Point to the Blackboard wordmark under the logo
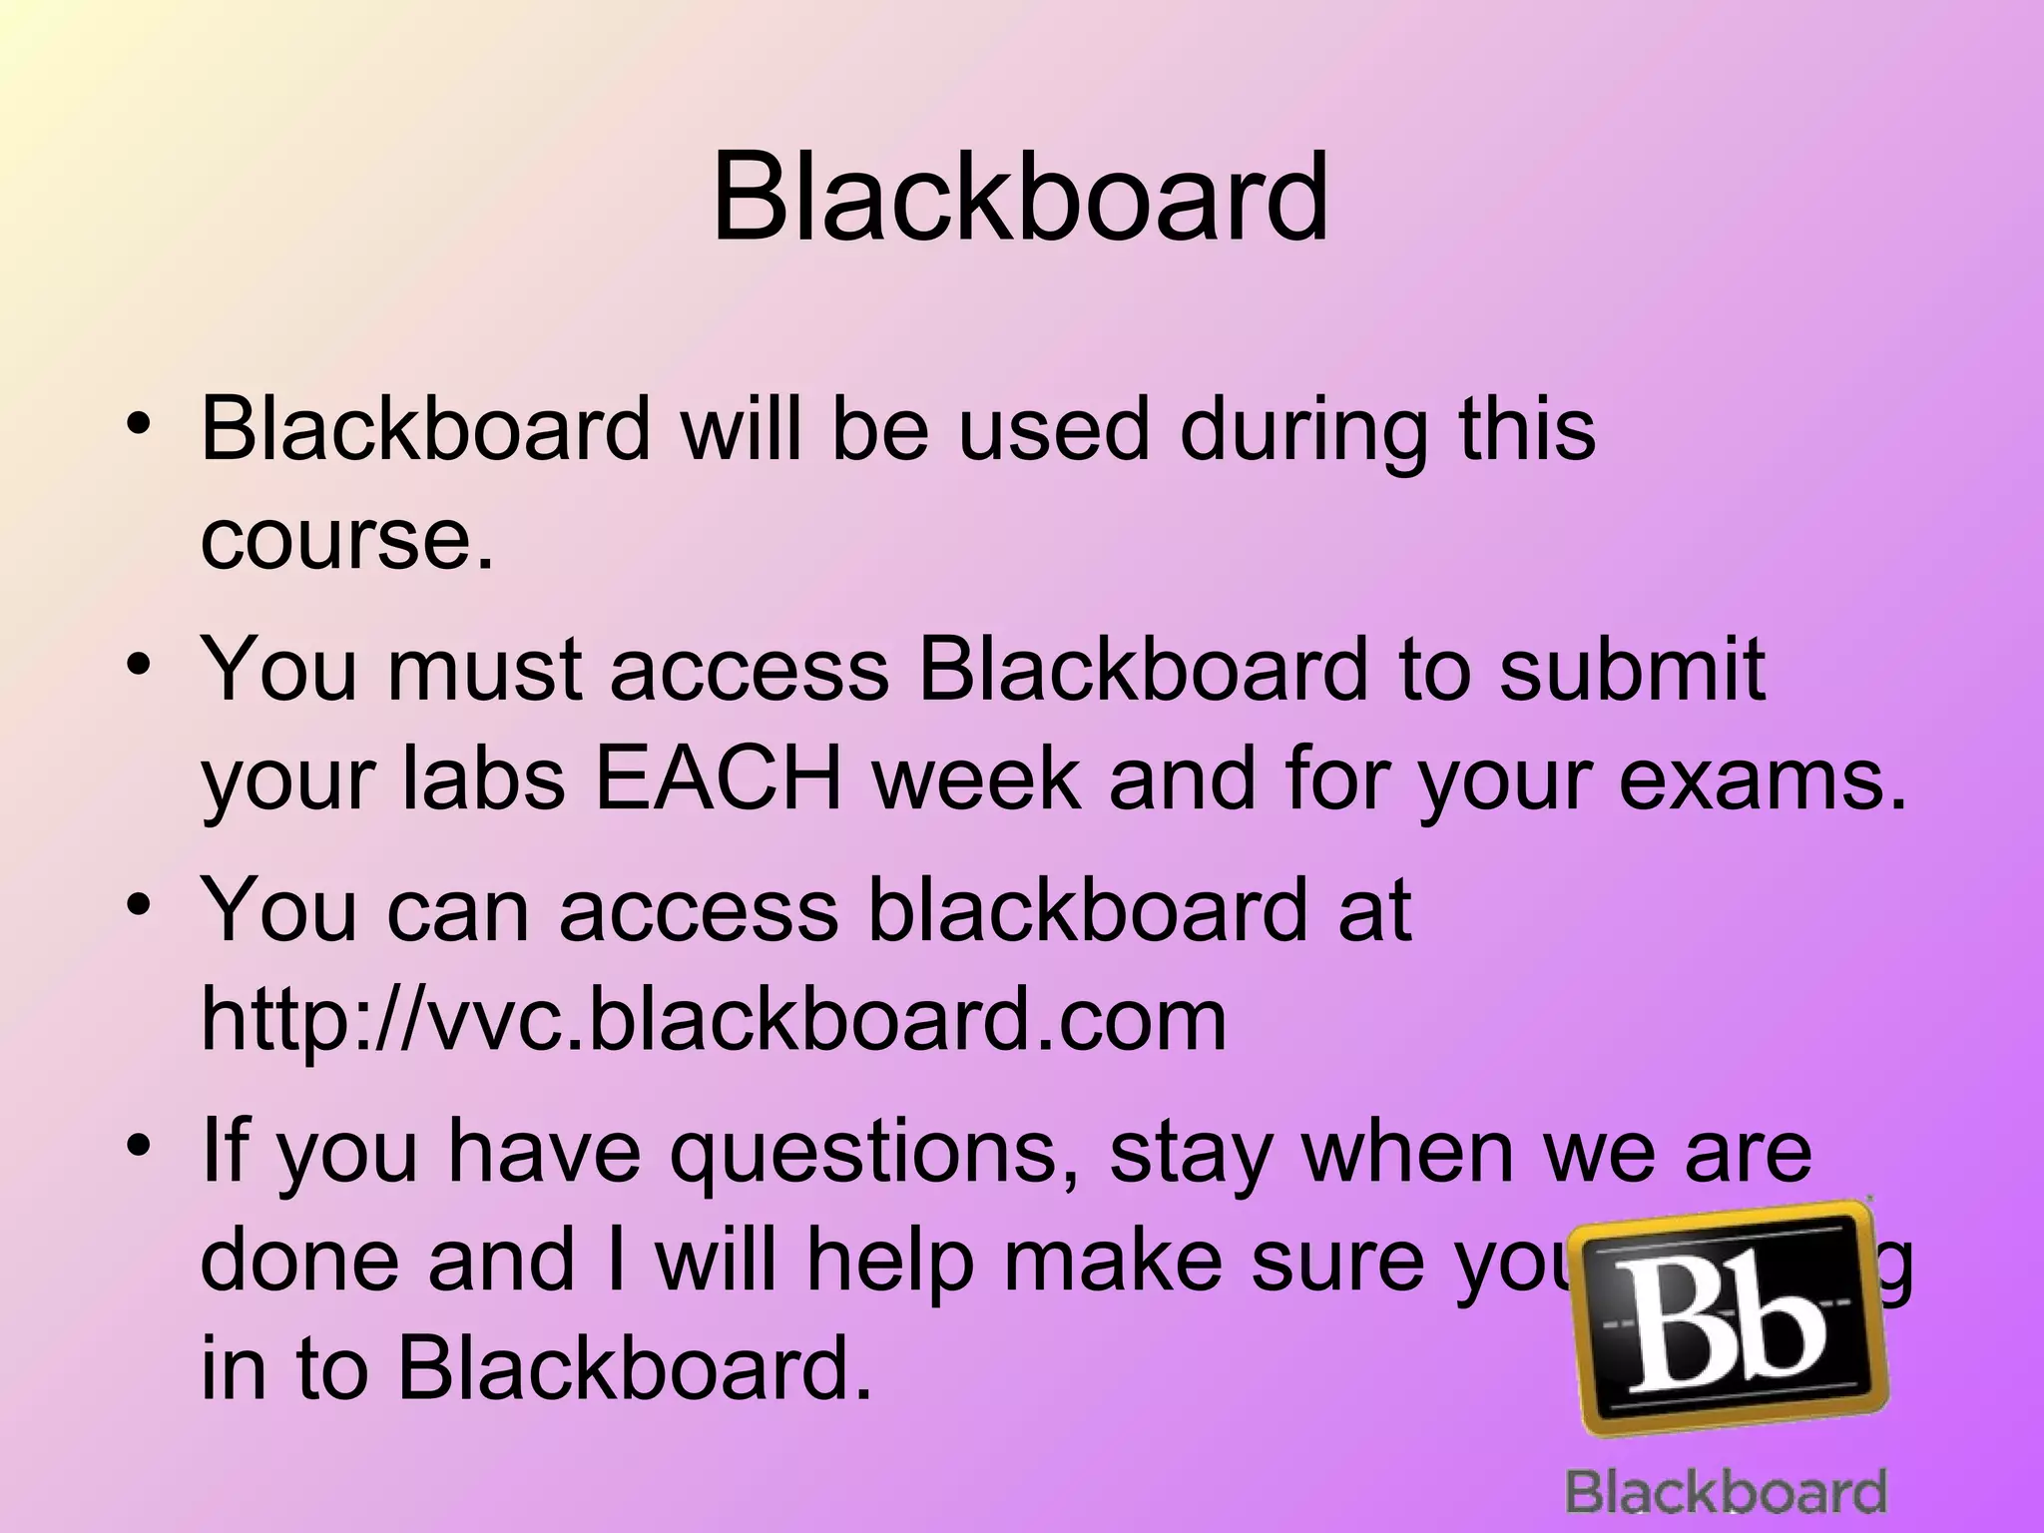click(1726, 1493)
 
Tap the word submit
click(1633, 669)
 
